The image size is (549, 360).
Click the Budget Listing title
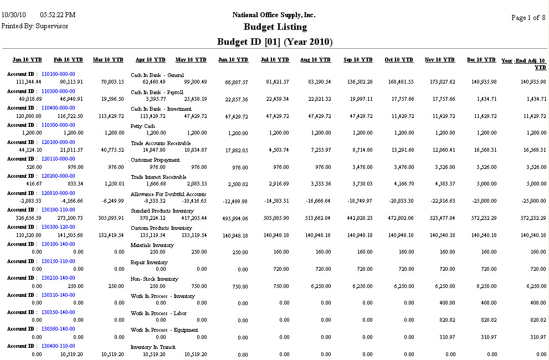point(275,27)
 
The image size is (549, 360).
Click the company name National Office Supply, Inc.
point(274,15)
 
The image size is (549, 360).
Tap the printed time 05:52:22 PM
point(58,14)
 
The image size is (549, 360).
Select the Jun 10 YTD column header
point(233,60)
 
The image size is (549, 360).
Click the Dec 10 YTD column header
point(481,60)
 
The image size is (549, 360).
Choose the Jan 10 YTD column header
point(27,60)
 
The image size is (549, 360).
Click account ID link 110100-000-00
point(58,74)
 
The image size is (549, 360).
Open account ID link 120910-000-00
point(58,193)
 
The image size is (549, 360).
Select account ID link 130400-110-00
point(58,346)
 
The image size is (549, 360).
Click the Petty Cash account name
point(142,126)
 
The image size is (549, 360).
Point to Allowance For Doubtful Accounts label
point(168,194)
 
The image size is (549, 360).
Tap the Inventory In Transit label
point(153,347)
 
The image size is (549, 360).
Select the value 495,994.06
point(233,219)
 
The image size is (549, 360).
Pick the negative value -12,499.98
point(233,202)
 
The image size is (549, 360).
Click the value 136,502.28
point(358,82)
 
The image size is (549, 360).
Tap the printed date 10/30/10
point(14,14)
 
